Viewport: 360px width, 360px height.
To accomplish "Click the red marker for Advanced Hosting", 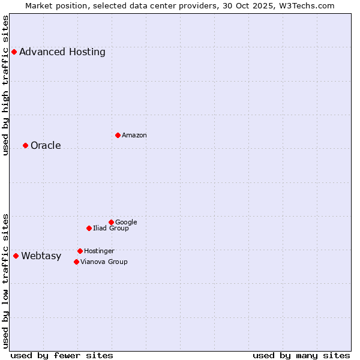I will [x=14, y=52].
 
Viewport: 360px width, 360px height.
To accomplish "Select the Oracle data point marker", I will [x=25, y=145].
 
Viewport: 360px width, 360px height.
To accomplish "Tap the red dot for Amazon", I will [x=118, y=135].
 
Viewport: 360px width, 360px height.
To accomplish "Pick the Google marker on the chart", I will [x=111, y=222].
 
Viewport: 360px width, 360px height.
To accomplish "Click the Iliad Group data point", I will [x=89, y=228].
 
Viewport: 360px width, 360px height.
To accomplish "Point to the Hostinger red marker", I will [x=80, y=251].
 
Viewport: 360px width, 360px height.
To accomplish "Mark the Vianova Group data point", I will [x=76, y=262].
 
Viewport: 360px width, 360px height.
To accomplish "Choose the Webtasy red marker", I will [x=16, y=256].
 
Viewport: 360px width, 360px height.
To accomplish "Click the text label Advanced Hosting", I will [x=62, y=52].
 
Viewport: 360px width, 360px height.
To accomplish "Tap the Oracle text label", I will [x=46, y=145].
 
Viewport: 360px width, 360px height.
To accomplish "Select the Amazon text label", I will [x=134, y=135].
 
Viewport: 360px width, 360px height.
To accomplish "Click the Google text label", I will [x=126, y=222].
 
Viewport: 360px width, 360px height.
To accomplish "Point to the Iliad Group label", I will [x=111, y=228].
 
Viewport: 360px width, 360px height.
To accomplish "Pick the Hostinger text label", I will [x=99, y=251].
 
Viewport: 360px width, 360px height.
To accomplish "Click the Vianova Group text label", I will [x=104, y=262].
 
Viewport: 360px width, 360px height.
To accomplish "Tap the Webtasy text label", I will [x=41, y=256].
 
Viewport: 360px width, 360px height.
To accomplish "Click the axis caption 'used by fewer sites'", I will [x=62, y=355].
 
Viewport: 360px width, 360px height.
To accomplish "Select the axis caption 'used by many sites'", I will [x=301, y=355].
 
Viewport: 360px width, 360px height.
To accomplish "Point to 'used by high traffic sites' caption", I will [x=6, y=85].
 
